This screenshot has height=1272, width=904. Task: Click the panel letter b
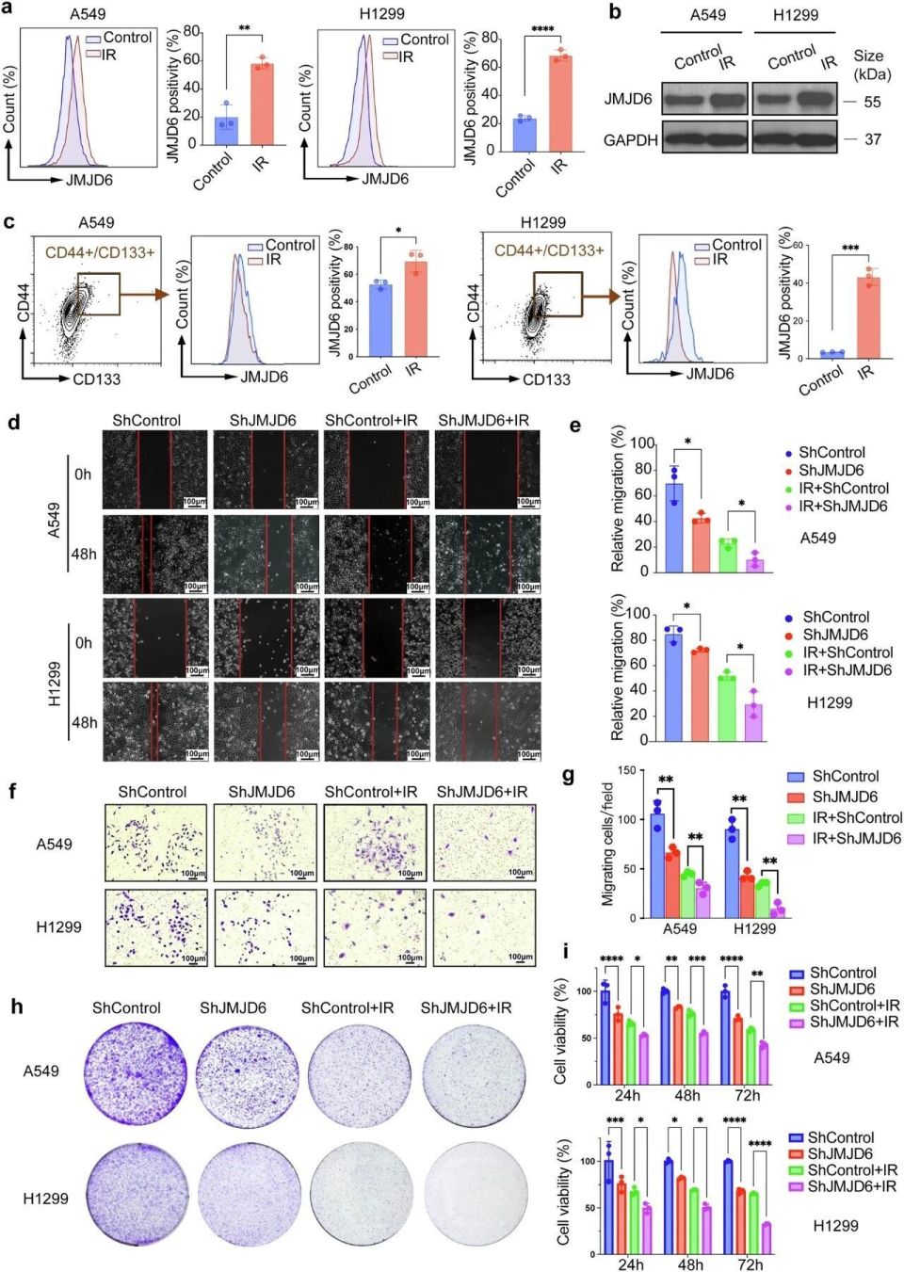[614, 13]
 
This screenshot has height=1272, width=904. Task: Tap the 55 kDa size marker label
[872, 102]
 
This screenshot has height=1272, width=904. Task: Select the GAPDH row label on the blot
[630, 140]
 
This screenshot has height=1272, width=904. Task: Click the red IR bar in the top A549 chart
[261, 103]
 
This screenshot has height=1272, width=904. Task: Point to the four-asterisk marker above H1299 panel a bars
[542, 30]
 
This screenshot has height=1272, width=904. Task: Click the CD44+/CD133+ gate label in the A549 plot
[100, 252]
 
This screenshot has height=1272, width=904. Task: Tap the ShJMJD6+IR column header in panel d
[483, 420]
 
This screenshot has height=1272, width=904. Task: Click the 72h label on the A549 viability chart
[748, 1095]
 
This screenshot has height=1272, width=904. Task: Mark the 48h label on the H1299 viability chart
[690, 1264]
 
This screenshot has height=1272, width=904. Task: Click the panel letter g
[568, 776]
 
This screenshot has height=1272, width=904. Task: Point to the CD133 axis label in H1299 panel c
[546, 379]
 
